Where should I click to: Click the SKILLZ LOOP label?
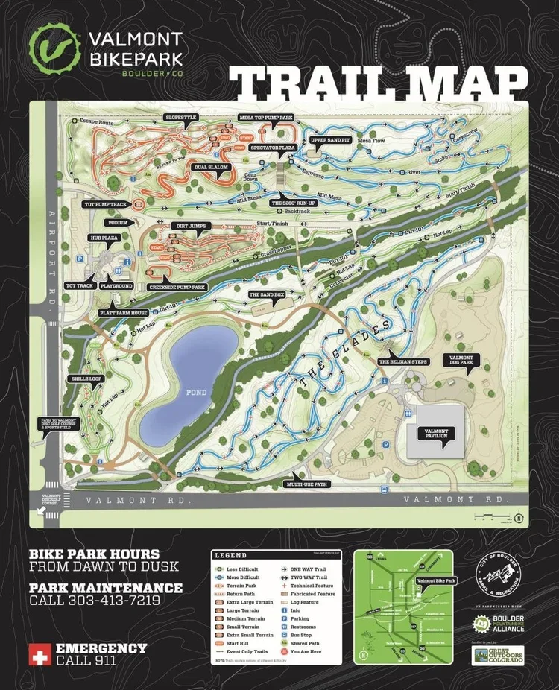click(x=86, y=379)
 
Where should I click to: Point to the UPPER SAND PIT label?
click(x=329, y=140)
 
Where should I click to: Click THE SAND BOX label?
click(x=267, y=294)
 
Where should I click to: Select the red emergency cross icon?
click(x=38, y=654)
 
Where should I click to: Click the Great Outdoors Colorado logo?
click(x=498, y=655)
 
